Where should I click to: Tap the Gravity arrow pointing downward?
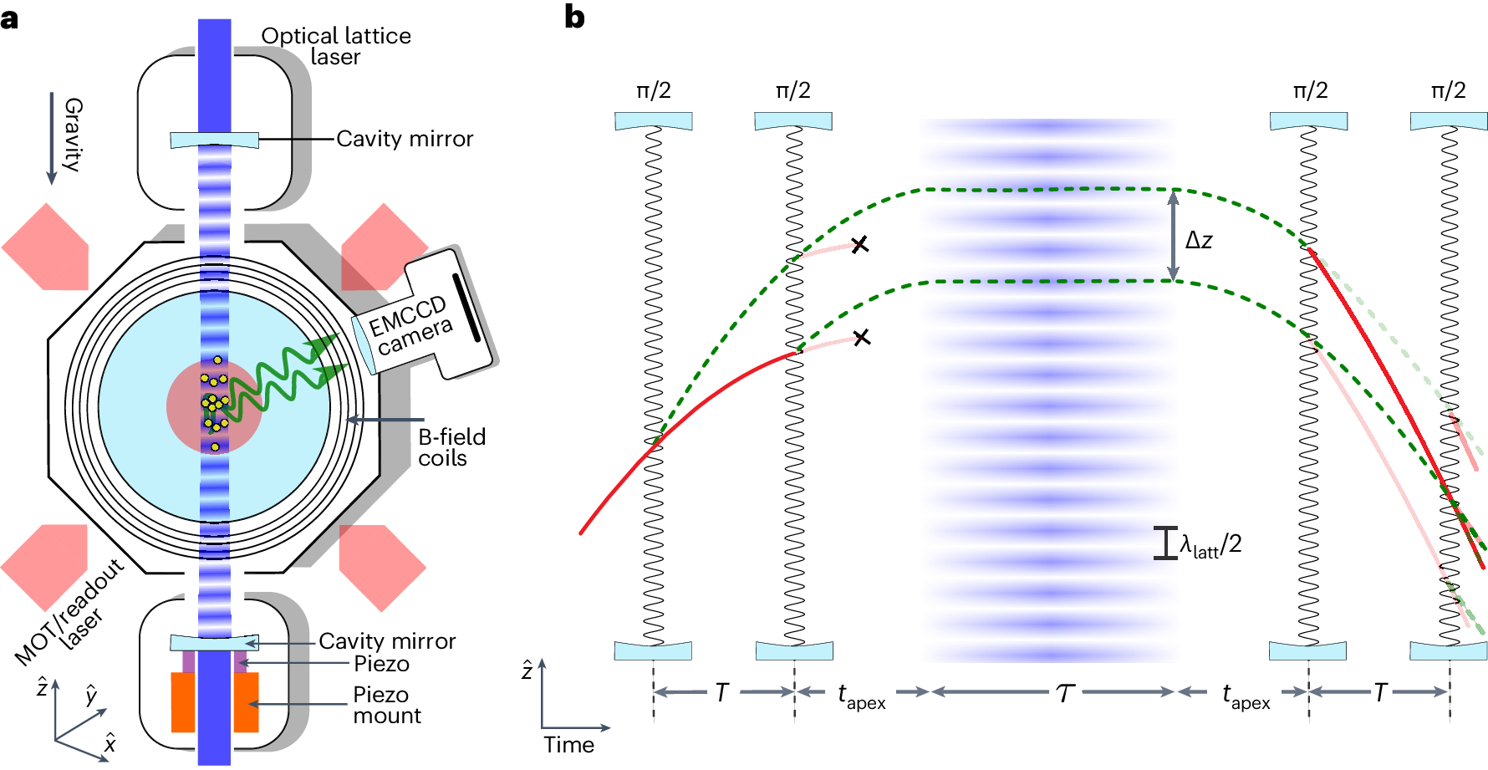point(52,138)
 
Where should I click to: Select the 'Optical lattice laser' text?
point(336,46)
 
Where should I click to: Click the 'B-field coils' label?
point(451,447)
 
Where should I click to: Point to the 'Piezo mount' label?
point(386,705)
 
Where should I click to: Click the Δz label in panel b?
point(1199,241)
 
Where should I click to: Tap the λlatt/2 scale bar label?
point(1210,545)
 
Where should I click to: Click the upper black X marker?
point(859,245)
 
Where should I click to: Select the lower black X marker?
point(862,338)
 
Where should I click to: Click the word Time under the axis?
point(568,745)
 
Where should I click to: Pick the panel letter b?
point(574,18)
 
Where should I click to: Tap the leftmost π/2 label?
point(654,90)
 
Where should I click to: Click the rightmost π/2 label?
point(1448,90)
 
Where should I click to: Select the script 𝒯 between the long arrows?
point(1064,693)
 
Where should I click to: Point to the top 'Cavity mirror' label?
point(405,139)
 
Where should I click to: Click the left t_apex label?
point(861,696)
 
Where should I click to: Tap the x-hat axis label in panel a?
point(110,742)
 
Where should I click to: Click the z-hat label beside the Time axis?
point(527,670)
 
